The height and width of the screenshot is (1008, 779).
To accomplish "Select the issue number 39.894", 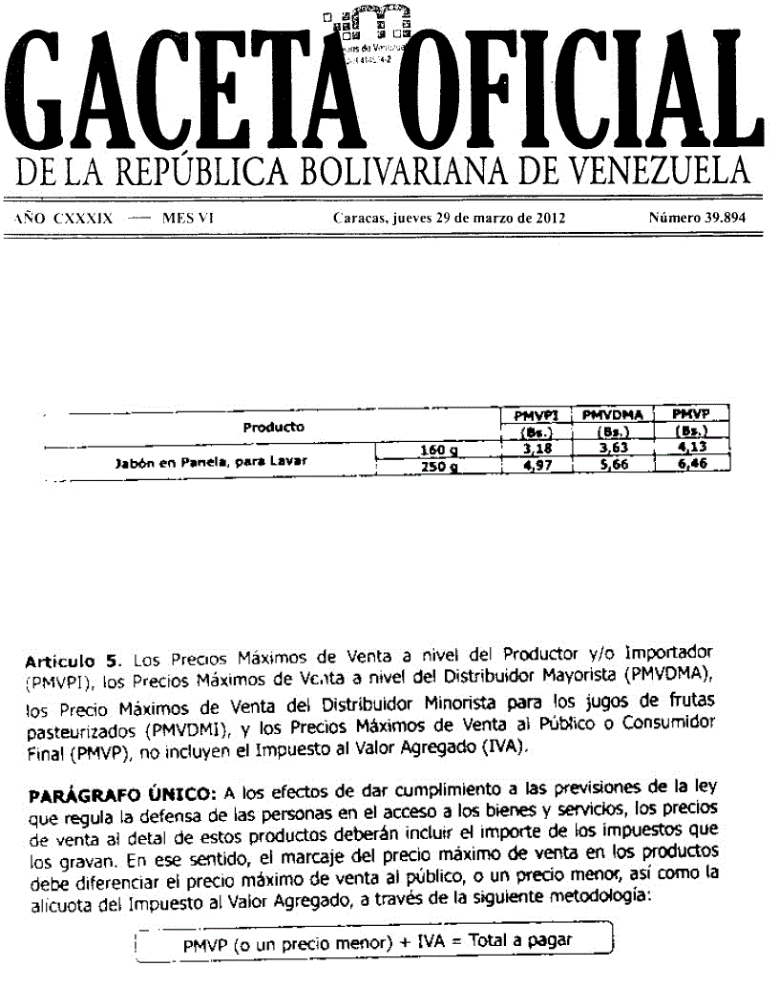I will tap(697, 218).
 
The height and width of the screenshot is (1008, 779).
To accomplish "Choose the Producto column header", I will tap(273, 427).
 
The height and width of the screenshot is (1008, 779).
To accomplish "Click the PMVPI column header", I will tap(535, 415).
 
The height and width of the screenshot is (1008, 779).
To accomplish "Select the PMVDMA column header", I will tap(611, 415).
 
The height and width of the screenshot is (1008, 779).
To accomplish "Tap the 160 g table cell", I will tap(439, 450).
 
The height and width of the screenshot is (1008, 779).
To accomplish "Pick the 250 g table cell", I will tap(439, 467).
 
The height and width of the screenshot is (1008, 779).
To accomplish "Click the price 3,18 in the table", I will tap(535, 449).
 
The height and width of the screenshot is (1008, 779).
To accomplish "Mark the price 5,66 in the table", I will tap(611, 466).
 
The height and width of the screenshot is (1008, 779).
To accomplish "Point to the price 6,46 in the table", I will tap(689, 466).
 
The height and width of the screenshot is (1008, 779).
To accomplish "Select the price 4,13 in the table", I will tap(689, 449).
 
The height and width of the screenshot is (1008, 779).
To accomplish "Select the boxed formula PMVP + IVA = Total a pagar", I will tap(377, 941).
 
